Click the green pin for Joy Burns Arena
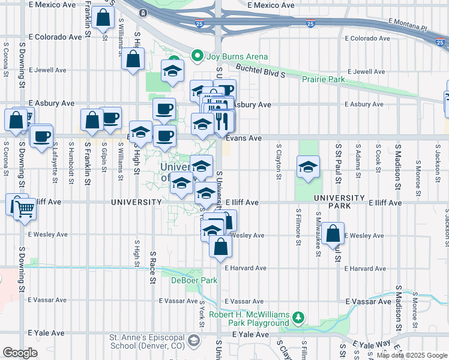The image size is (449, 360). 196,57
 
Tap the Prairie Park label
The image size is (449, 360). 324,79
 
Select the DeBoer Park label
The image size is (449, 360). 194,280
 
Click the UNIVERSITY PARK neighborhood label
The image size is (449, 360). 339,197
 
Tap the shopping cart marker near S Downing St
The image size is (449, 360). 25,209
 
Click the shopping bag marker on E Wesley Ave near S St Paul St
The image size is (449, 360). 333,234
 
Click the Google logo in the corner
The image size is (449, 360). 20,353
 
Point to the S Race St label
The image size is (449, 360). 153,268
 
